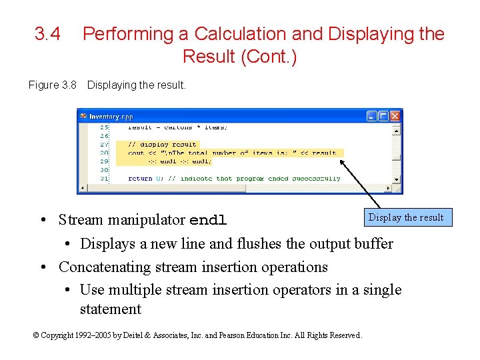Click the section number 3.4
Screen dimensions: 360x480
pos(47,34)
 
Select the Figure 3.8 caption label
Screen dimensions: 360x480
pos(53,85)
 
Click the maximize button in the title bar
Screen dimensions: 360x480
pos(383,116)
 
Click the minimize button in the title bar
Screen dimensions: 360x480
pos(372,116)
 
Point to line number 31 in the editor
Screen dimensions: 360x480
pos(103,178)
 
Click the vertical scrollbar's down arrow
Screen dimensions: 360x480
pos(396,179)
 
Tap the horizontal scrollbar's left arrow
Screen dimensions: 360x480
pos(83,189)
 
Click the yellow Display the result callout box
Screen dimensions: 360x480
pos(406,217)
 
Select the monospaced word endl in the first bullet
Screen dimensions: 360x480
pos(209,221)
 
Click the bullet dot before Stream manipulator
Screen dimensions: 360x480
pos(43,221)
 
